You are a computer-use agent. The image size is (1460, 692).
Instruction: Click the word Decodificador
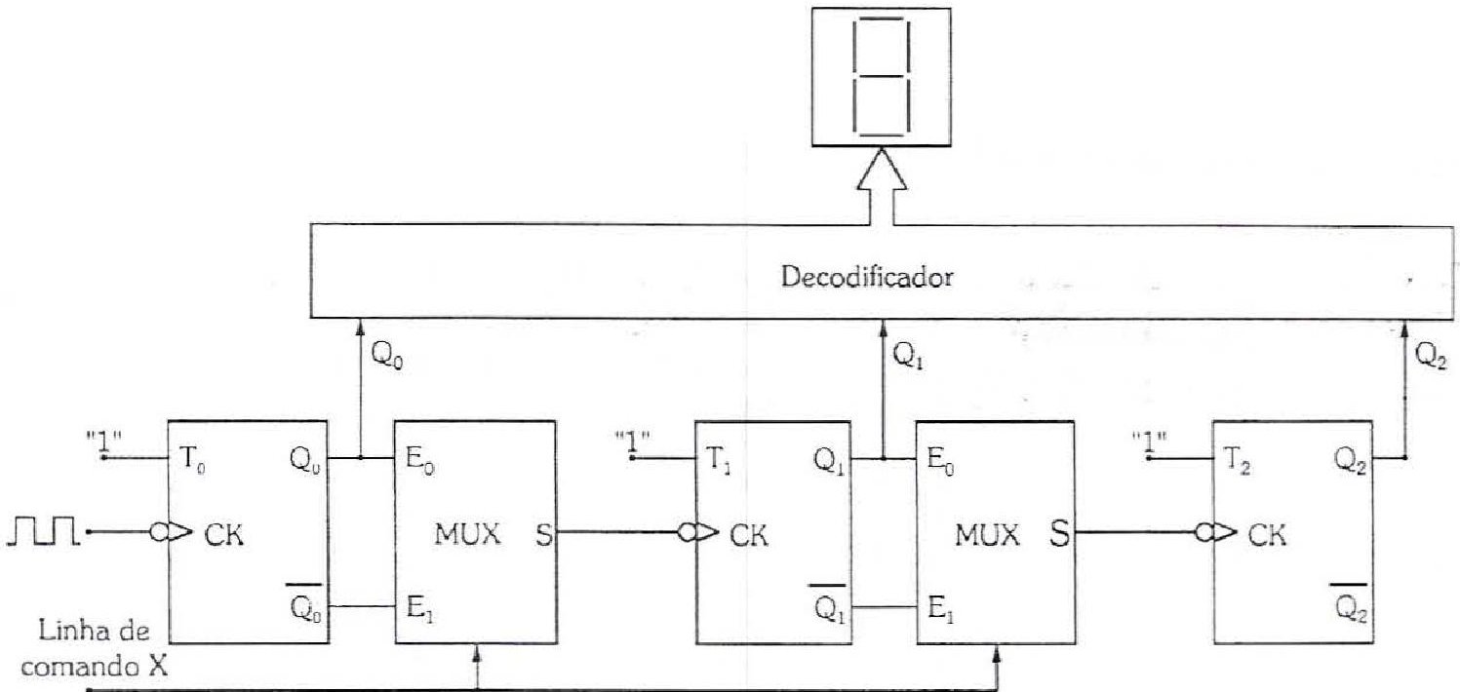867,278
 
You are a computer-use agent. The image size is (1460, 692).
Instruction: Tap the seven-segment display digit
882,77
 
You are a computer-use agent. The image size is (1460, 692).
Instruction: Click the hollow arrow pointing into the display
882,186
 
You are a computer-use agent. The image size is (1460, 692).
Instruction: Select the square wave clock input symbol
44,530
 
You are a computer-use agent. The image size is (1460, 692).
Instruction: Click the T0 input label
193,461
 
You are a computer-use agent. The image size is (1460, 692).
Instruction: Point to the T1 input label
718,461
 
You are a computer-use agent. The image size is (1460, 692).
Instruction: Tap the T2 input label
1237,461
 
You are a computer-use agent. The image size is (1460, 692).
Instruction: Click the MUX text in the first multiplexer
467,534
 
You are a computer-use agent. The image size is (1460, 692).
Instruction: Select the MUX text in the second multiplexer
987,534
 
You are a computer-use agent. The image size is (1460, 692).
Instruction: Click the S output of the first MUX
543,534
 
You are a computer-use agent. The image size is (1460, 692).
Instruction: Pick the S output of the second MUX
1060,534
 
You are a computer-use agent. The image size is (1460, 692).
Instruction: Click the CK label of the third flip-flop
1268,534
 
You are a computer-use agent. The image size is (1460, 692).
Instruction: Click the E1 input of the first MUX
420,608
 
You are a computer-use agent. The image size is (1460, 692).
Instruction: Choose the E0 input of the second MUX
940,461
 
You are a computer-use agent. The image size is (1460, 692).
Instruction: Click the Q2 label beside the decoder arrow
1431,356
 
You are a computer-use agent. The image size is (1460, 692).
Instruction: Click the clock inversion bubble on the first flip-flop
158,532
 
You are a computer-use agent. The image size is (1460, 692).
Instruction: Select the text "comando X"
95,666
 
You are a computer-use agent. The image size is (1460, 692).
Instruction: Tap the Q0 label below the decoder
386,356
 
